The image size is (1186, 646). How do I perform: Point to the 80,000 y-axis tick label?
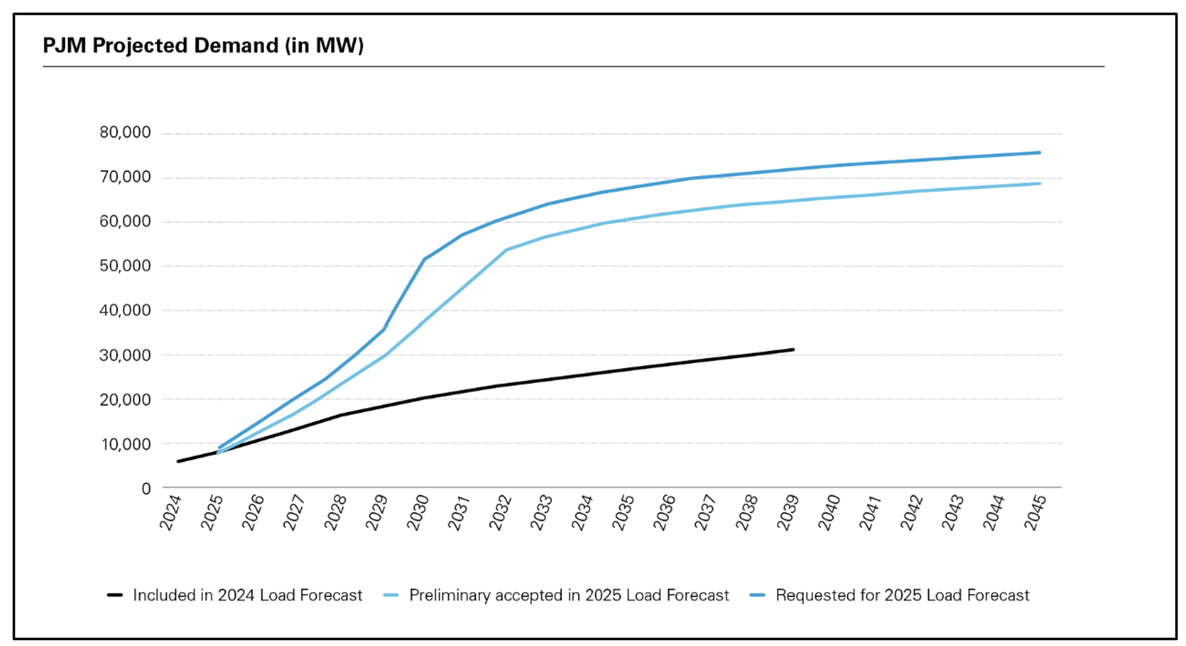pyautogui.click(x=125, y=132)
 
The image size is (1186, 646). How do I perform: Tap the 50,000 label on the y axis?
pyautogui.click(x=125, y=266)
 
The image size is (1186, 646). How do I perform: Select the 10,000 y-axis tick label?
pyautogui.click(x=125, y=444)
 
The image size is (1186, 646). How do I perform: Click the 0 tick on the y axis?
pyautogui.click(x=146, y=489)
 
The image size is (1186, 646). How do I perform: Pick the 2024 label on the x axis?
pyautogui.click(x=170, y=512)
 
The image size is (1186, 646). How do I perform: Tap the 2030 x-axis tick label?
pyautogui.click(x=417, y=512)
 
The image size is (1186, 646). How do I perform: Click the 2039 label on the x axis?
pyautogui.click(x=787, y=512)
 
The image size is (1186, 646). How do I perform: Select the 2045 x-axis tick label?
pyautogui.click(x=1034, y=512)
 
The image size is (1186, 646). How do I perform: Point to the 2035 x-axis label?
pyautogui.click(x=623, y=512)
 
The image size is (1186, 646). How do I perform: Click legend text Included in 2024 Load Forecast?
pyautogui.click(x=247, y=595)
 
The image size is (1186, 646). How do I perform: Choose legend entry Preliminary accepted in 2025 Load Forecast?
pyautogui.click(x=569, y=595)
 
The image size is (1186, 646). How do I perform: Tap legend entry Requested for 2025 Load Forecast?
pyautogui.click(x=902, y=595)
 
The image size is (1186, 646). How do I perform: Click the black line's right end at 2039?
pyautogui.click(x=793, y=350)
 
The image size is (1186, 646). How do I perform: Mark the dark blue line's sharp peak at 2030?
pyautogui.click(x=424, y=259)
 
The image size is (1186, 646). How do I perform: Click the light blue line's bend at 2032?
pyautogui.click(x=506, y=250)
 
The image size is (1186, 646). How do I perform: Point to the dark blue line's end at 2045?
pyautogui.click(x=1039, y=152)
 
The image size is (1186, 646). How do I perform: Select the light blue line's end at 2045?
pyautogui.click(x=1039, y=184)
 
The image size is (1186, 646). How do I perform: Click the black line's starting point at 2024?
pyautogui.click(x=178, y=461)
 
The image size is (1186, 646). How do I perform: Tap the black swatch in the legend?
pyautogui.click(x=115, y=595)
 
